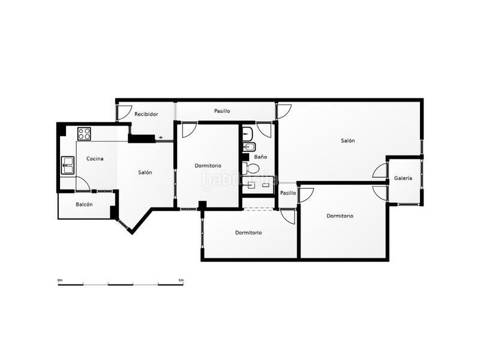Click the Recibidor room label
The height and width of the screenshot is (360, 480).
tap(146, 114)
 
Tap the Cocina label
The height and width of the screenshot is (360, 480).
tap(95, 159)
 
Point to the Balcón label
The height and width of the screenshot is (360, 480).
tap(84, 205)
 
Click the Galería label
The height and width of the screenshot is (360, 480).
tap(403, 178)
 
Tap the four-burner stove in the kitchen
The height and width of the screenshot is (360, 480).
tap(84, 133)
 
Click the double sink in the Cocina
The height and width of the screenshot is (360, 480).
tap(67, 163)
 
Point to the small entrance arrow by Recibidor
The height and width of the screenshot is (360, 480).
tap(160, 138)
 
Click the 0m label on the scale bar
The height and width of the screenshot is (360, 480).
tap(60, 280)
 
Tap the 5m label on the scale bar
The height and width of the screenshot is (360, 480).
tap(181, 280)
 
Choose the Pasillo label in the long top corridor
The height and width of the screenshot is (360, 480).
tap(222, 112)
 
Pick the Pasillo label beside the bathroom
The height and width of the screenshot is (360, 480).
tap(288, 193)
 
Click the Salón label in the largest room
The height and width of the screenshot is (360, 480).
tap(348, 141)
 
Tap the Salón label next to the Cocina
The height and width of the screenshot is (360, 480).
tap(145, 173)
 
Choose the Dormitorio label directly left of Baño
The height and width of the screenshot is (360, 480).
tap(208, 166)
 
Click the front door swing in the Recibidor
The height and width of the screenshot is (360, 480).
tap(124, 112)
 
